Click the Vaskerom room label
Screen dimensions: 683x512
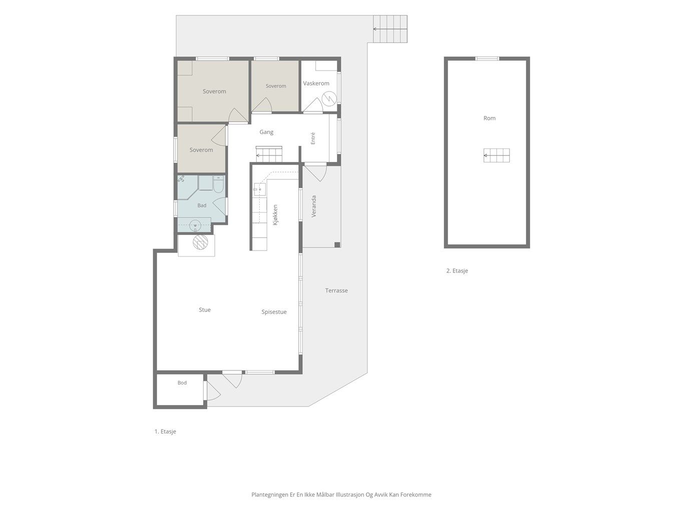click(316, 83)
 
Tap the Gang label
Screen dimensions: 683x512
click(266, 132)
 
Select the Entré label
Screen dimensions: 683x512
click(313, 138)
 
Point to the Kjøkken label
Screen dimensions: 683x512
click(275, 215)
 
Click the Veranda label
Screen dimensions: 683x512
click(314, 206)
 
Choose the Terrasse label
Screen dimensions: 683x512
click(336, 290)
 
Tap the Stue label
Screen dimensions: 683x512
click(205, 310)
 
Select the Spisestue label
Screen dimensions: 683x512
click(274, 312)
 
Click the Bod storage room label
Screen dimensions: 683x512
click(182, 383)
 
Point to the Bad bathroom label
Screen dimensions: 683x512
click(202, 205)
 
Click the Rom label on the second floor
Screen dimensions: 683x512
click(489, 118)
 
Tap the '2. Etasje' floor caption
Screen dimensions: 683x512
click(457, 271)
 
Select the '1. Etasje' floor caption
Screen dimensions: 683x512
click(165, 431)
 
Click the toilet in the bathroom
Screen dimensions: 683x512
click(218, 183)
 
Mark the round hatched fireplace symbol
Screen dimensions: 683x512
click(200, 242)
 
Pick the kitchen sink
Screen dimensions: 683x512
click(260, 189)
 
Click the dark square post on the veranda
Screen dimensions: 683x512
click(337, 244)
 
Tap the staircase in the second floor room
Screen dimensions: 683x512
click(497, 155)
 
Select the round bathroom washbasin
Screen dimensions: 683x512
click(195, 225)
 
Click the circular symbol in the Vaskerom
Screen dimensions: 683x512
click(329, 99)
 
